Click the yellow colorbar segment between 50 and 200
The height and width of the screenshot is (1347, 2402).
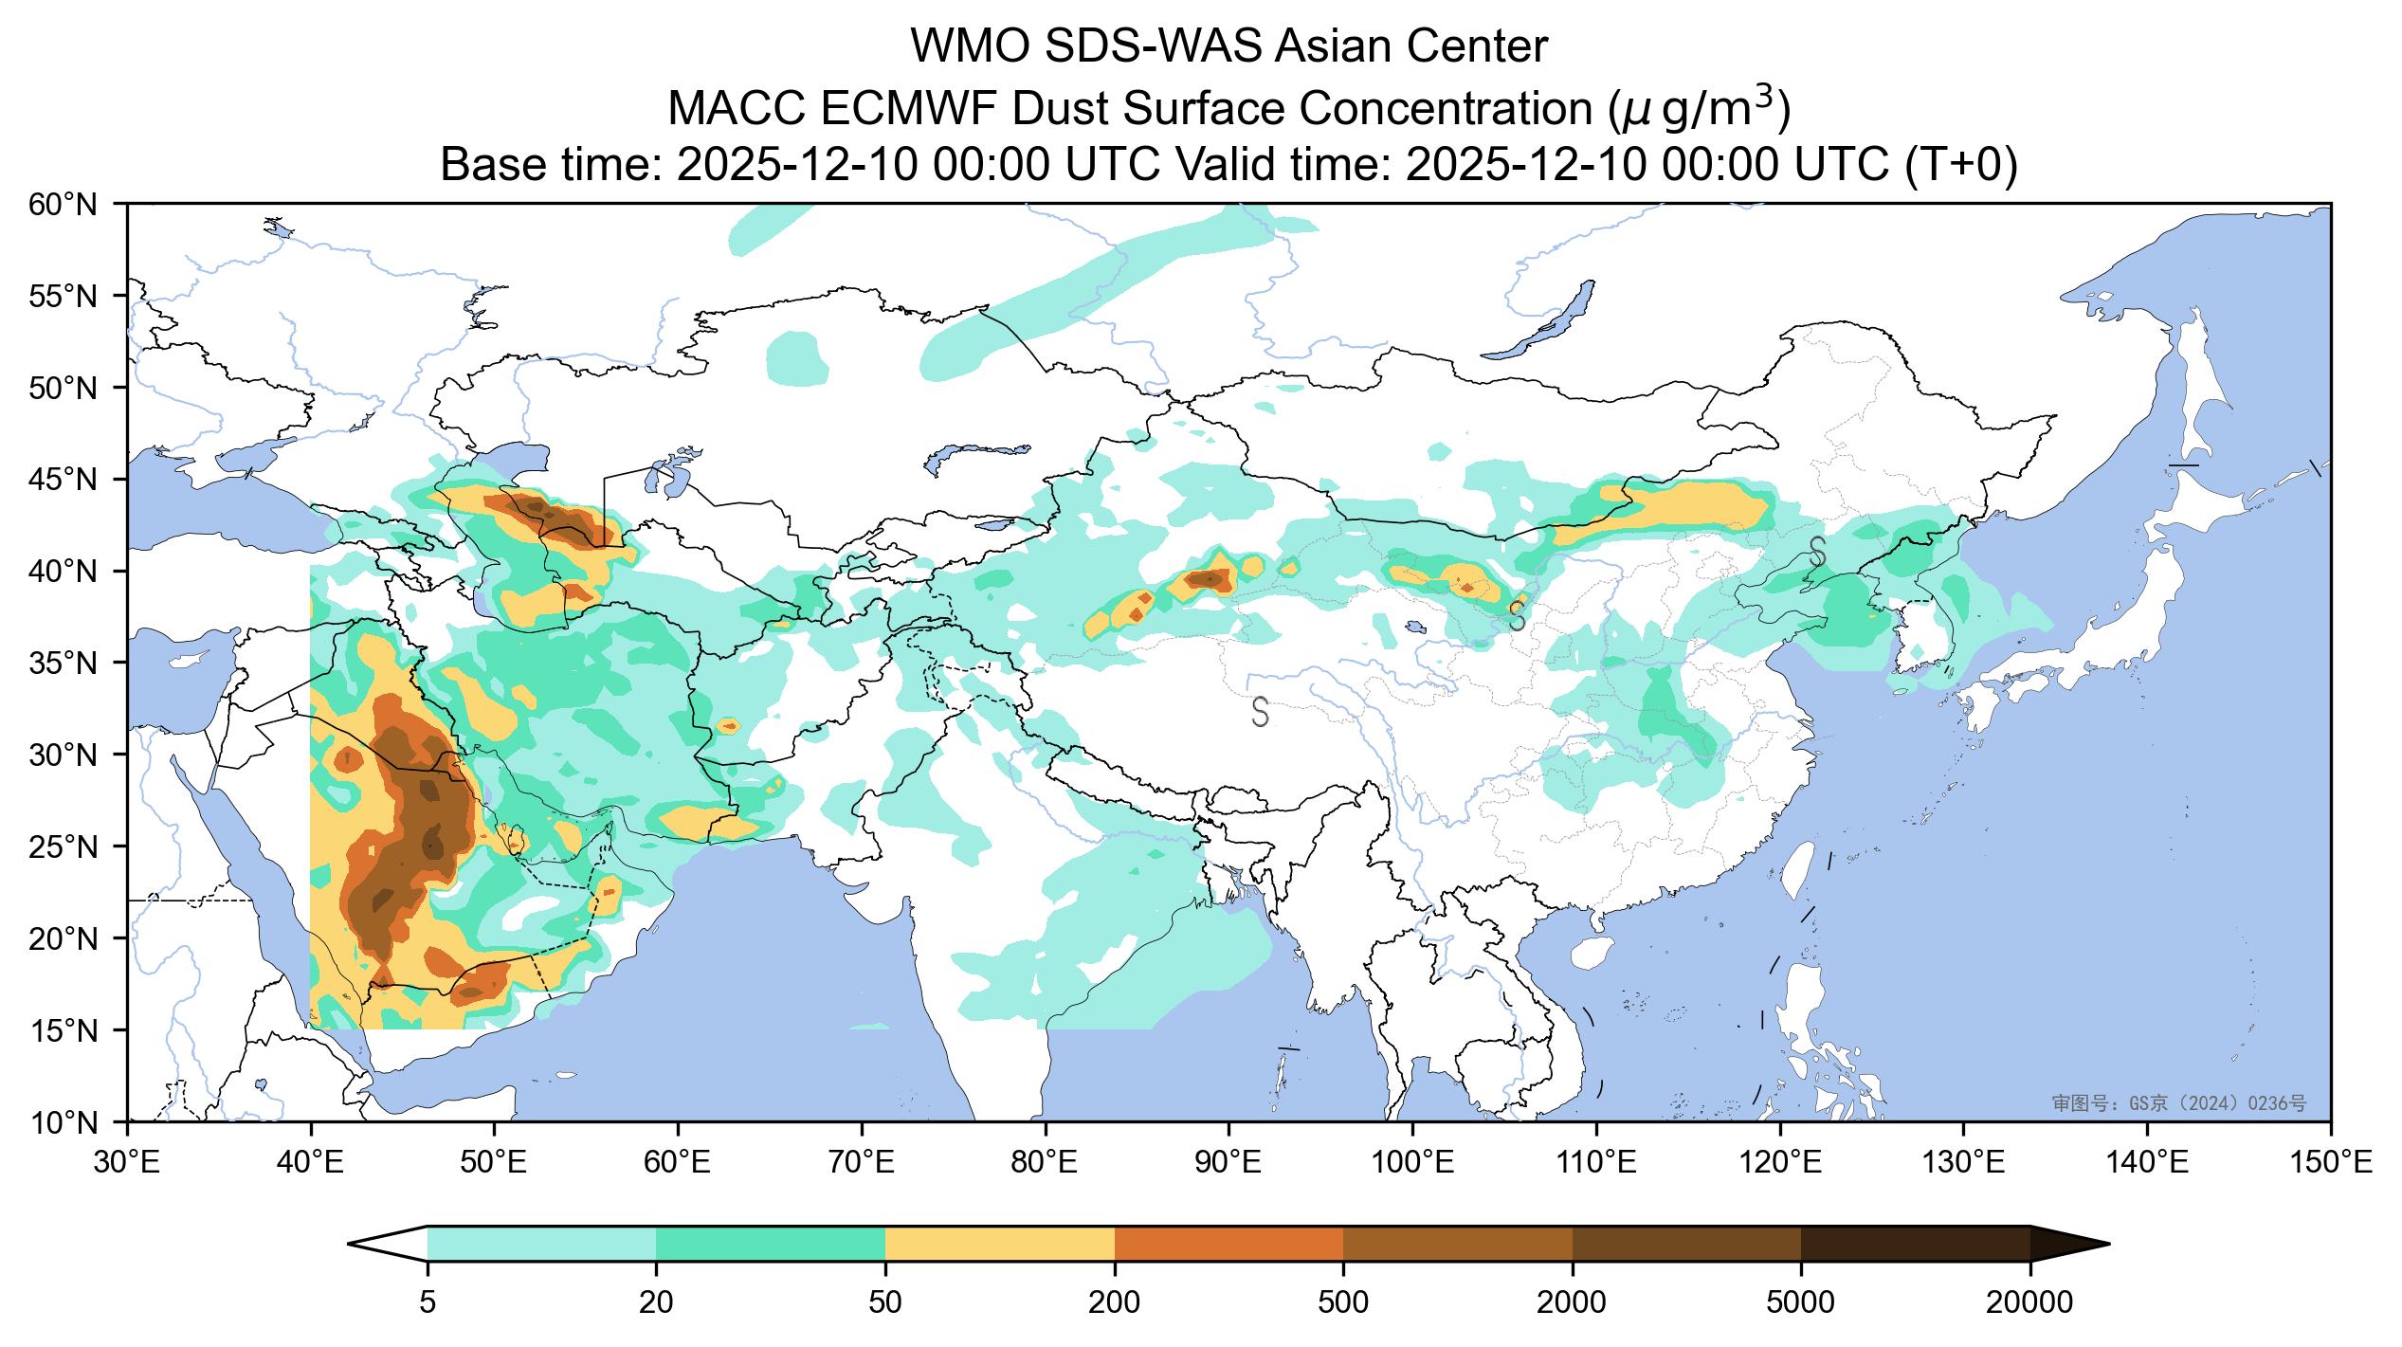coord(1000,1244)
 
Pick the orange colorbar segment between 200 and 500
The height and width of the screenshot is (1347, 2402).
coord(1229,1244)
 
